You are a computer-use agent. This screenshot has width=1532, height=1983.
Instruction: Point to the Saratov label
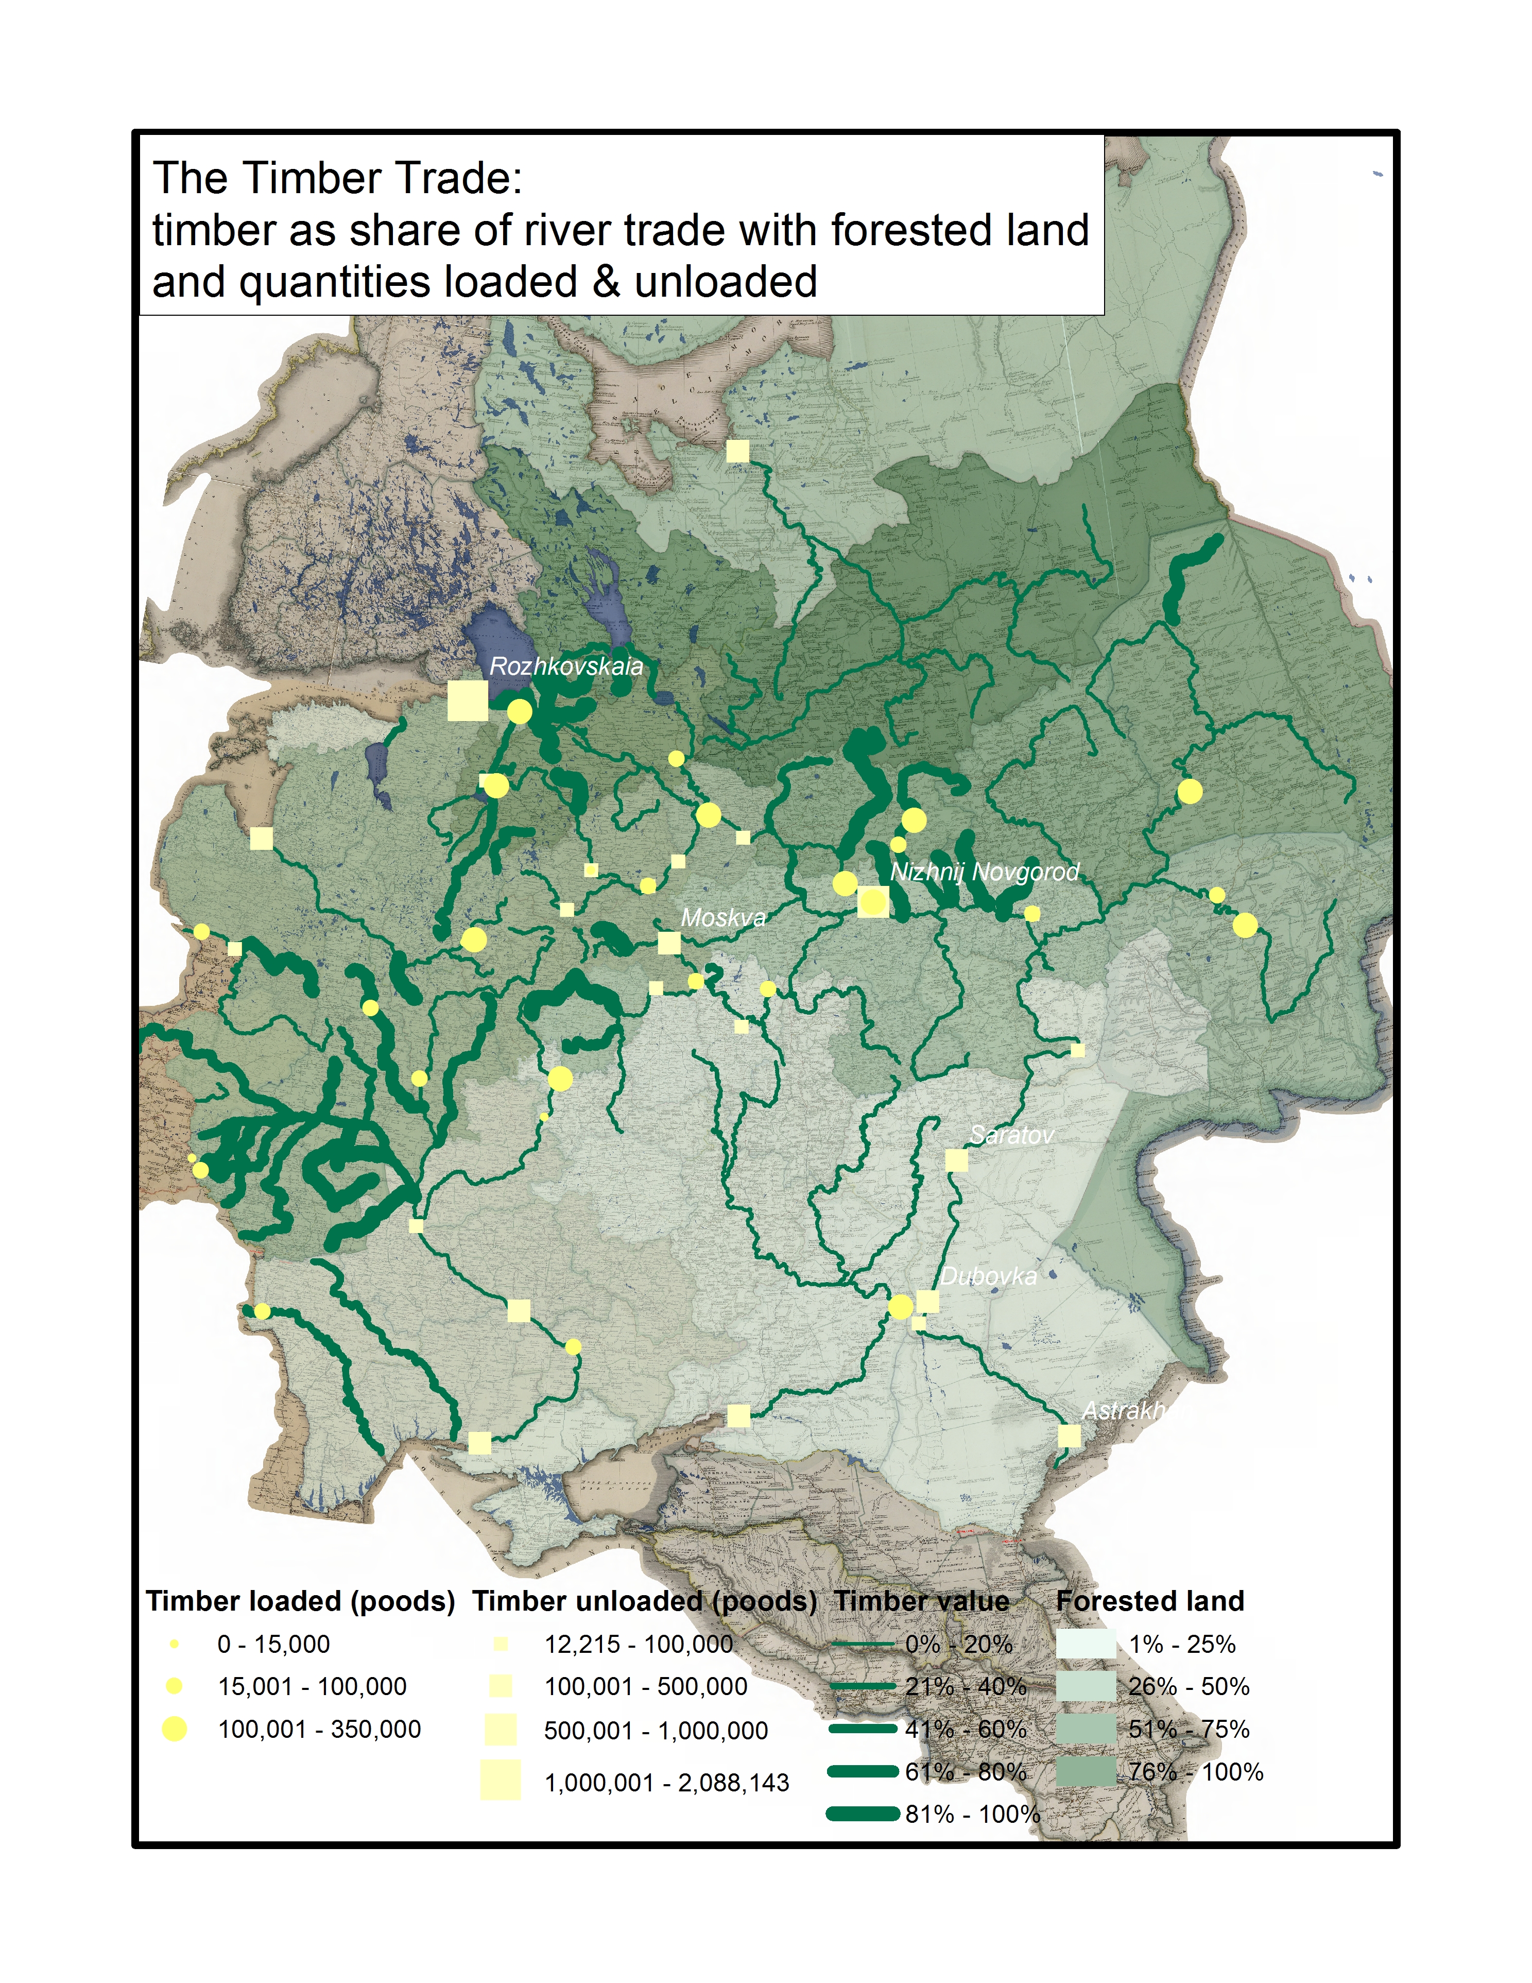click(1011, 1135)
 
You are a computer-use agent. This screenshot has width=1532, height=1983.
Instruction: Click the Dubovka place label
click(988, 1277)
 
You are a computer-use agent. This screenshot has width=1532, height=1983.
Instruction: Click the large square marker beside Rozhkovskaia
click(468, 701)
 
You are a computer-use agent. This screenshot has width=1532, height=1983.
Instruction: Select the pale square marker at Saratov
click(956, 1160)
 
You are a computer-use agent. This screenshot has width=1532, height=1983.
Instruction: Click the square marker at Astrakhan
click(1069, 1435)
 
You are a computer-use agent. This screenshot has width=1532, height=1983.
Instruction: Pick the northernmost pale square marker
click(737, 450)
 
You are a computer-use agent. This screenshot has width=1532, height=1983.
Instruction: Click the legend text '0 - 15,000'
click(273, 1644)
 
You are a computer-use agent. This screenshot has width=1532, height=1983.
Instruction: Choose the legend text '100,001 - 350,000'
click(319, 1730)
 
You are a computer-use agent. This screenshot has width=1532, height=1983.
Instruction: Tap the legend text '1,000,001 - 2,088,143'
click(666, 1783)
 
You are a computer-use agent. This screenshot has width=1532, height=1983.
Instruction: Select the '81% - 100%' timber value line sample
click(862, 1814)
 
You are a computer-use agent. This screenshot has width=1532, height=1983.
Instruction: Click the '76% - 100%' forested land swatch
click(1086, 1771)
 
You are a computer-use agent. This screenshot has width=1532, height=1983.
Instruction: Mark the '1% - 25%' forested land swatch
click(1086, 1644)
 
